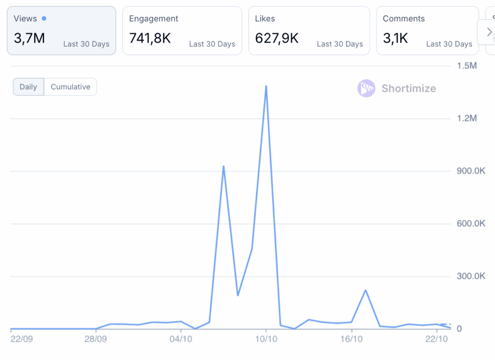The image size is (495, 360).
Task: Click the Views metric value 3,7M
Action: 29,38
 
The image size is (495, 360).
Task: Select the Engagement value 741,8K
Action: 150,38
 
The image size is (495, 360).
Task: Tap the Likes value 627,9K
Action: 277,38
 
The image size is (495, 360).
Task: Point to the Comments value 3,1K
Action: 396,38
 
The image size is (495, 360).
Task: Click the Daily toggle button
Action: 28,87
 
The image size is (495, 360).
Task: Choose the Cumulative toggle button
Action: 71,87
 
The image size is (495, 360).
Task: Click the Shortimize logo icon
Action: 366,88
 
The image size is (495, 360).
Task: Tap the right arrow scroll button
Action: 489,32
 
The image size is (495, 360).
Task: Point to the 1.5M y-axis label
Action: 467,66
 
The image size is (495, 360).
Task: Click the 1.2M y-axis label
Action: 467,118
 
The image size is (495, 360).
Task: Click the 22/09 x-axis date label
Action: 21,339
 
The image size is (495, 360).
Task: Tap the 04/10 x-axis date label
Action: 181,339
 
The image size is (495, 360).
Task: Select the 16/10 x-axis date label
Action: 351,339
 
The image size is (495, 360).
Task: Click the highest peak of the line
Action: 266,86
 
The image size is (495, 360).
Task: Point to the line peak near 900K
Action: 223,166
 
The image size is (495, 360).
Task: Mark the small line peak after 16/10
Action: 365,290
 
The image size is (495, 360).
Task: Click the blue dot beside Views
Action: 44,18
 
